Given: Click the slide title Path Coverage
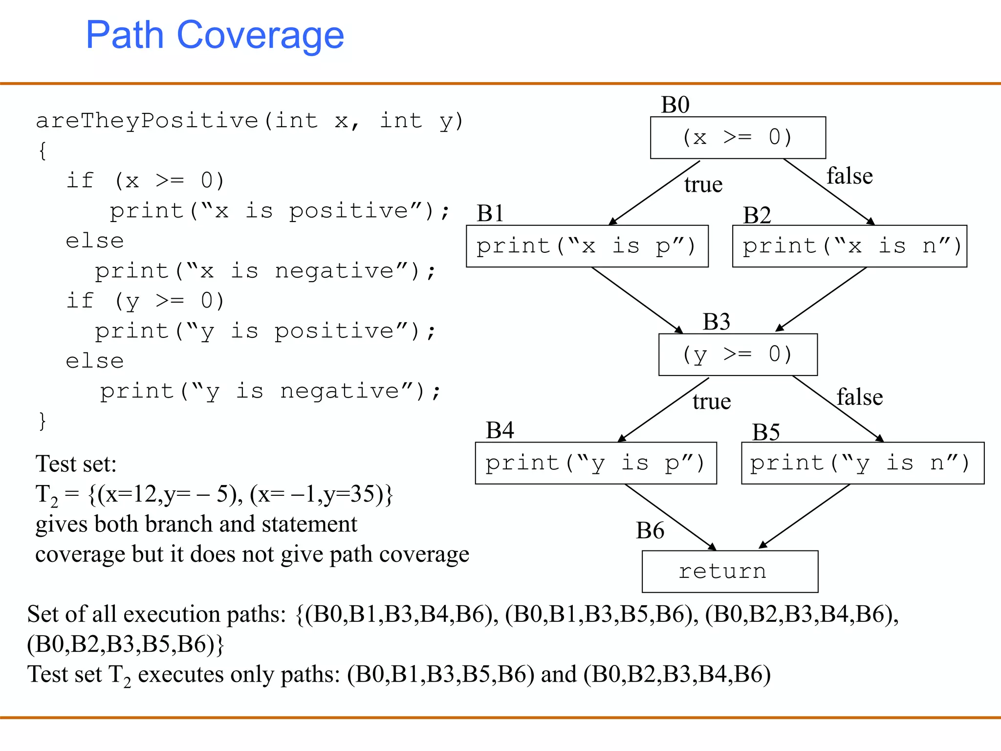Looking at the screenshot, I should click(x=215, y=35).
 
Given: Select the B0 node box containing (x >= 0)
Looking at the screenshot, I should click(x=738, y=137).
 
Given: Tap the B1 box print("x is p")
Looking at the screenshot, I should click(x=587, y=246).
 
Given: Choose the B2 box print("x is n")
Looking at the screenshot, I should click(x=849, y=246).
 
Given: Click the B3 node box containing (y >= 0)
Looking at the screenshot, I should click(x=738, y=354).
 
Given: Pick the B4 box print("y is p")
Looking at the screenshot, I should click(x=595, y=463).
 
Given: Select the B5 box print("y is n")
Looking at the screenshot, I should click(x=862, y=463).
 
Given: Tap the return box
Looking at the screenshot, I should click(x=729, y=571).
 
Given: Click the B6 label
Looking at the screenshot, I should click(x=650, y=531).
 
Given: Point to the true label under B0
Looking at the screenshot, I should click(x=703, y=185).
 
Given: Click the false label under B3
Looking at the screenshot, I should click(x=859, y=397).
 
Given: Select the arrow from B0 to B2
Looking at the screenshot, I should click(x=828, y=191).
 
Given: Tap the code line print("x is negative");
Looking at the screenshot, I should click(x=264, y=271).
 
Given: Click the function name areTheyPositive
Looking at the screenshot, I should click(x=147, y=121).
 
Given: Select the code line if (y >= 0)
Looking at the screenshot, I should click(x=145, y=301).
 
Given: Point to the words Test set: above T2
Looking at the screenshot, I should click(x=76, y=464).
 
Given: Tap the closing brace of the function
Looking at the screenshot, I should click(x=43, y=420).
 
